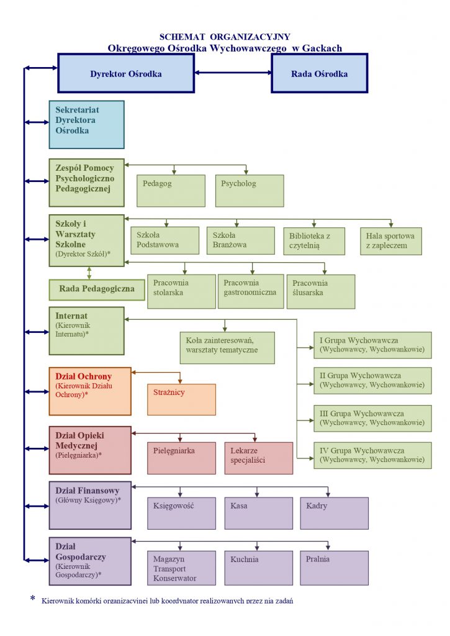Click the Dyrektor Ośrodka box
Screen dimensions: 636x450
tap(126, 73)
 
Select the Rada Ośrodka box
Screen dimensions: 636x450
tap(319, 73)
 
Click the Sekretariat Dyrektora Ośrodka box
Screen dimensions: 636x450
tap(86, 124)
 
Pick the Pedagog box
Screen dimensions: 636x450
tap(171, 191)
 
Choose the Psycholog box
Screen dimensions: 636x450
tap(250, 191)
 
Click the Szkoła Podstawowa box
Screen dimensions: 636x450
tap(164, 240)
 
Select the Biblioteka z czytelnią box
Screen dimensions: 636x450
tap(315, 240)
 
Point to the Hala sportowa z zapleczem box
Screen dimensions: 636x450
tap(391, 240)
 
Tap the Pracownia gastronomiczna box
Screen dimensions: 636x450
tap(251, 291)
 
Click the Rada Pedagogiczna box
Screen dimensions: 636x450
tap(96, 289)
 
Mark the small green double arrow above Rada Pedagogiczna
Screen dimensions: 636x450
tap(89, 273)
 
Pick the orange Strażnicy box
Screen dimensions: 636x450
tap(181, 399)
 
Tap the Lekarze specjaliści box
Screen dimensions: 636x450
tap(258, 458)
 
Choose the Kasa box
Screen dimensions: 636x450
tap(258, 513)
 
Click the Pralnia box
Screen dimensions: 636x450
tap(334, 568)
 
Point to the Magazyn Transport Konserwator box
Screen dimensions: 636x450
tap(181, 568)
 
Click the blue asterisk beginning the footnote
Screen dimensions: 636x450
tap(33, 599)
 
